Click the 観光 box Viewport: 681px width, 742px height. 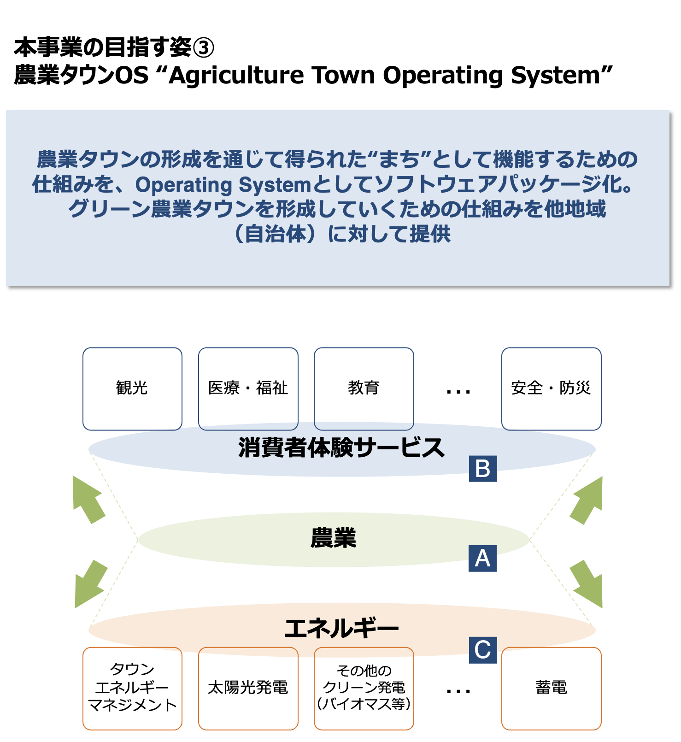(x=132, y=389)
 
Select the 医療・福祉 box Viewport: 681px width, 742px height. (x=248, y=389)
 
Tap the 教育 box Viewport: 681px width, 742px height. (x=364, y=389)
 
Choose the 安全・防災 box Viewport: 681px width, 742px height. (x=551, y=389)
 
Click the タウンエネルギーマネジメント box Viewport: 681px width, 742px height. (x=132, y=688)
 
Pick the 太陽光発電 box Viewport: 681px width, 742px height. (x=248, y=688)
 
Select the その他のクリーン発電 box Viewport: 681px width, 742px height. (x=364, y=688)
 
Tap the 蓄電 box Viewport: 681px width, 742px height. (x=551, y=688)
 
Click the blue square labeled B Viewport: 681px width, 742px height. (x=482, y=469)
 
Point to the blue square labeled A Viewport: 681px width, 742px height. (x=482, y=558)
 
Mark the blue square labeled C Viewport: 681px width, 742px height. (x=482, y=650)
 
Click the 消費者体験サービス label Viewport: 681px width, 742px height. (x=341, y=448)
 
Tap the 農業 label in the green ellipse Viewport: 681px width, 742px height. (x=334, y=538)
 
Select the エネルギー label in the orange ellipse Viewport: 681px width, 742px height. (x=341, y=629)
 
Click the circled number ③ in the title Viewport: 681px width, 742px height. (x=203, y=48)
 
